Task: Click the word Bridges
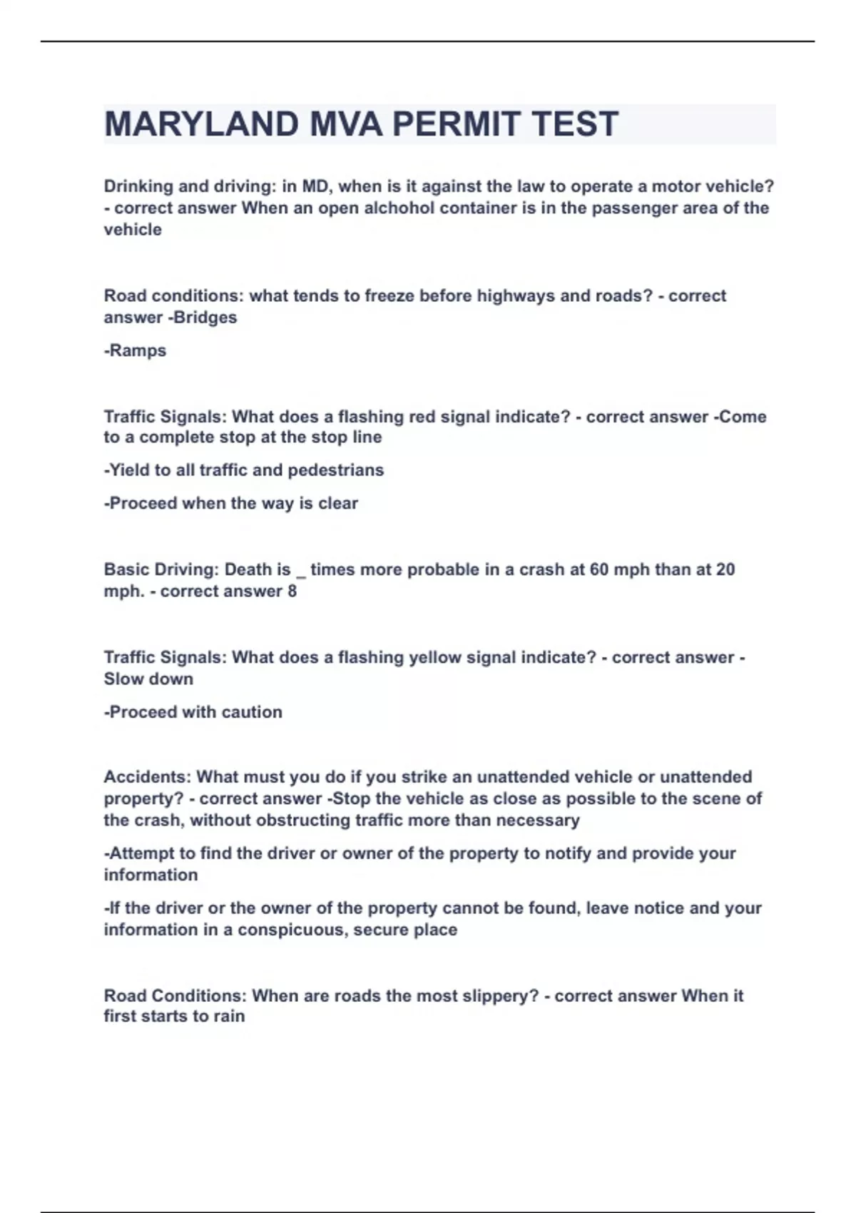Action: click(x=205, y=318)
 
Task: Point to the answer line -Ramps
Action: click(x=135, y=350)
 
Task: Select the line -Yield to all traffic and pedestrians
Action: click(x=244, y=470)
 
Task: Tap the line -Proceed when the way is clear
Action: click(x=231, y=503)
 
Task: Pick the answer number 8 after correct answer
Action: click(x=292, y=592)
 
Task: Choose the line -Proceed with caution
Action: click(x=193, y=712)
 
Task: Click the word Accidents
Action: click(x=147, y=777)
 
